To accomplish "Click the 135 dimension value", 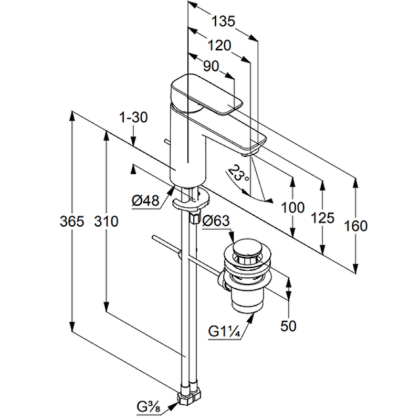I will [x=223, y=22].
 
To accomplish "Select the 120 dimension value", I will [x=219, y=46].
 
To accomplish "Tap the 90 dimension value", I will [x=211, y=67].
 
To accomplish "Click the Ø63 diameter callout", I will [x=216, y=221].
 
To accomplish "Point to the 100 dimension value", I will [x=292, y=207].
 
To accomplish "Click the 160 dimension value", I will [x=356, y=226].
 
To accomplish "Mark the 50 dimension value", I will [x=288, y=325].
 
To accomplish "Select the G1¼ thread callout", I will [x=224, y=332].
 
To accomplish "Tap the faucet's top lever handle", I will [x=205, y=94].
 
